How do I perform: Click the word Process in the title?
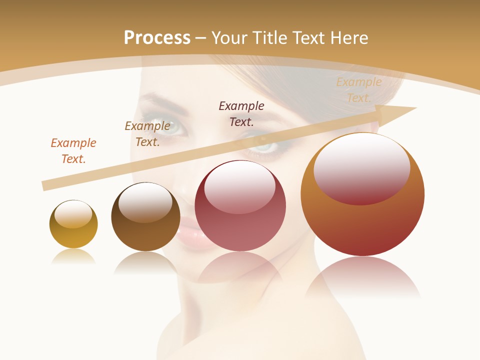click(x=157, y=37)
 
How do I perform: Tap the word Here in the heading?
click(x=348, y=37)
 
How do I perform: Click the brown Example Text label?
click(x=147, y=134)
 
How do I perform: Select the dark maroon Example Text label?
click(x=241, y=113)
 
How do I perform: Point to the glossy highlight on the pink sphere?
click(x=239, y=186)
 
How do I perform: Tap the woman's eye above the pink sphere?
click(x=264, y=146)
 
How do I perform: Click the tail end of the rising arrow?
click(x=45, y=186)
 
